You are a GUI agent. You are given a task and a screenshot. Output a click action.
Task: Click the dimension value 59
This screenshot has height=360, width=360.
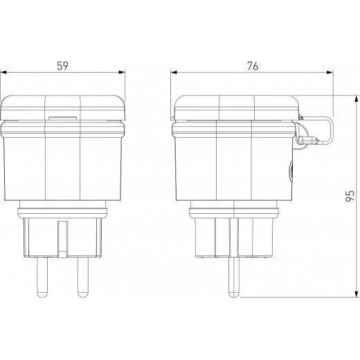coord(62,66)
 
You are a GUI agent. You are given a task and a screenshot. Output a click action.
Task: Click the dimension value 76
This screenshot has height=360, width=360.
coord(253,66)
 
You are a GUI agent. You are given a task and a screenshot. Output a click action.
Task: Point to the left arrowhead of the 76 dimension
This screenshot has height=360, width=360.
coord(172,72)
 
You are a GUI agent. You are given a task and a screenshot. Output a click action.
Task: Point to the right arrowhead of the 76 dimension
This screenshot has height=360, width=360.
coord(330,72)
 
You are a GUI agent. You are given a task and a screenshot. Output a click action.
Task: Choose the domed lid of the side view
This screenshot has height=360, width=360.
coord(235,105)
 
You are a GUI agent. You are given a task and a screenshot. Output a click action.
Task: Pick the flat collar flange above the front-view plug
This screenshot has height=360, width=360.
coord(62,208)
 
